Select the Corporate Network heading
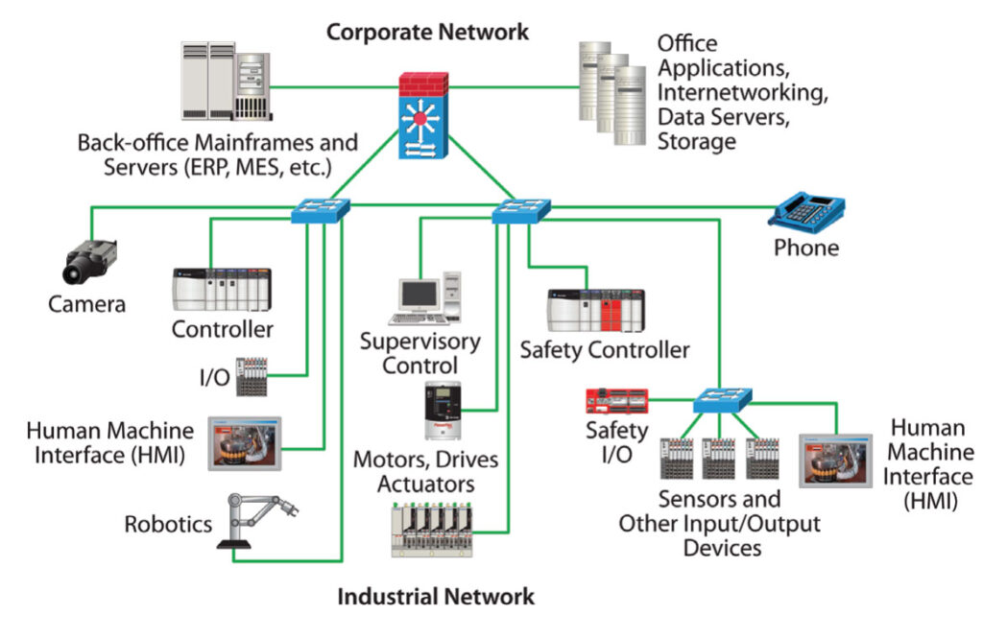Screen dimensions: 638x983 click(427, 32)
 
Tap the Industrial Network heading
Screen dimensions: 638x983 click(435, 597)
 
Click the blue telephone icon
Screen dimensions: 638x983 click(805, 211)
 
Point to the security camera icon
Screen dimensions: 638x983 click(90, 260)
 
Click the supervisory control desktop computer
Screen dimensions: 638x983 click(426, 298)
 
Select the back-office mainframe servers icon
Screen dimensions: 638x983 click(224, 83)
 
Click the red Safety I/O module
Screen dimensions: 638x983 click(620, 399)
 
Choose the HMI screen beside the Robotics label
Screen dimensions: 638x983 click(244, 443)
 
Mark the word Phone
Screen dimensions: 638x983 click(806, 248)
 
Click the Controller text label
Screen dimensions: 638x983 click(223, 329)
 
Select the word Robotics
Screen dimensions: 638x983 click(168, 524)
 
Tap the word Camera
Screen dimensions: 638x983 click(87, 305)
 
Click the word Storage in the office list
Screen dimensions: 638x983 click(697, 141)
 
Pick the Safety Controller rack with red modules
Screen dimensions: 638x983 click(601, 310)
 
